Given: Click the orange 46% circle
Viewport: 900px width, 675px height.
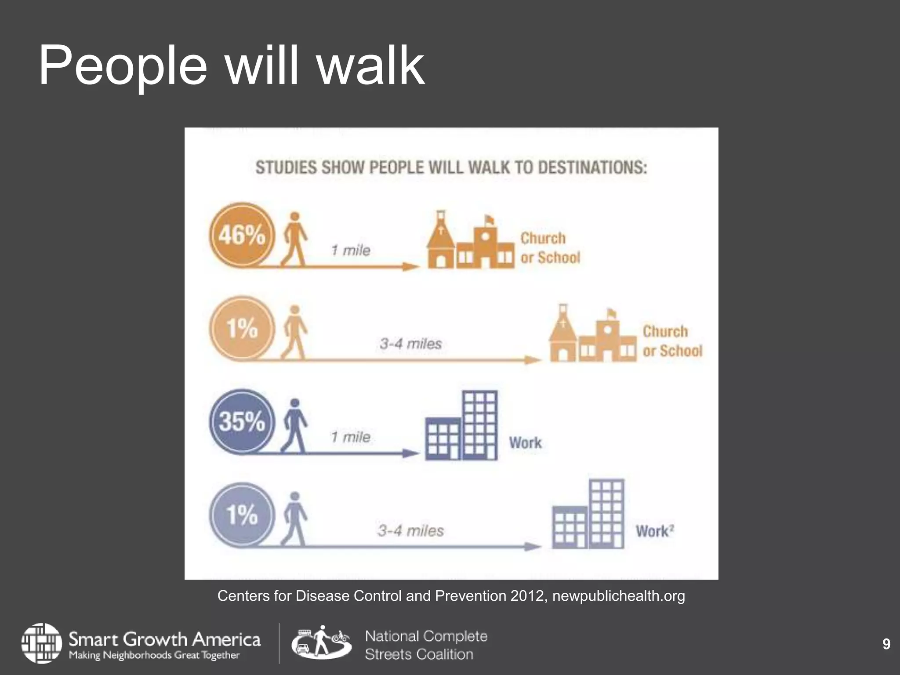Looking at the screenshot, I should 242,235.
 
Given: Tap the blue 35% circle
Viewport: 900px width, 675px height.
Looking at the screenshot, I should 242,421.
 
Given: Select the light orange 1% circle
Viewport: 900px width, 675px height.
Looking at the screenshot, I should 242,328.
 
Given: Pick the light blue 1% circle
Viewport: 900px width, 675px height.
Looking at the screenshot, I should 242,515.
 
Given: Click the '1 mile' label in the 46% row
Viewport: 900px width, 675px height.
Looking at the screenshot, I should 351,250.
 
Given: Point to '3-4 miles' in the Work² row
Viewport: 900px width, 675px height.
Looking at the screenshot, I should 410,531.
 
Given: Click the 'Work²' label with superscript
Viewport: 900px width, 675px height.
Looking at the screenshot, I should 654,531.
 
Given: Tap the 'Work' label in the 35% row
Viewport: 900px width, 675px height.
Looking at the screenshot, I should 525,443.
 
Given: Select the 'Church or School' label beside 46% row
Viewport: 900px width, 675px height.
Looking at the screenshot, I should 550,248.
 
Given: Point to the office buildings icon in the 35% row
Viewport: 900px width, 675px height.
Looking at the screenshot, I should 461,425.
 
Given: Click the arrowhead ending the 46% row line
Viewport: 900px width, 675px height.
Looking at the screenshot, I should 411,266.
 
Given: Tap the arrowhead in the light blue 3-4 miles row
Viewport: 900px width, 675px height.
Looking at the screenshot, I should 533,547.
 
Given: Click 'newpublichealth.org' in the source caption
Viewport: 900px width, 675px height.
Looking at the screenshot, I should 618,596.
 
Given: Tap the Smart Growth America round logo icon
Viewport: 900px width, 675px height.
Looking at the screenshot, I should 42,643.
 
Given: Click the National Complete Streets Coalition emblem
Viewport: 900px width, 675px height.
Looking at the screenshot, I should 321,643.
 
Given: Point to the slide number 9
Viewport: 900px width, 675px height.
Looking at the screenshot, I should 886,644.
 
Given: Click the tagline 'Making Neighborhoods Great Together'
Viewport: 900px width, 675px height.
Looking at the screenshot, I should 154,655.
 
